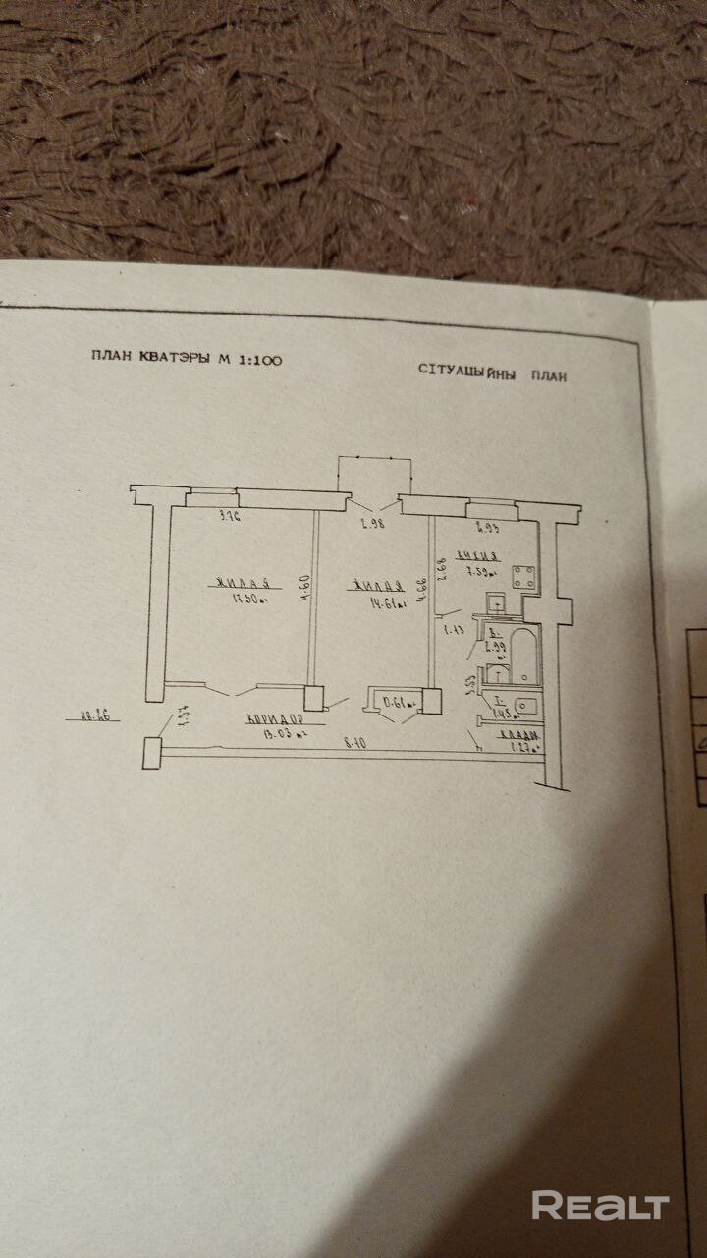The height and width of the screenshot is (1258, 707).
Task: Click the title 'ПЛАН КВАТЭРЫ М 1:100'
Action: click(x=186, y=360)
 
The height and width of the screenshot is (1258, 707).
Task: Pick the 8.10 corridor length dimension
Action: click(x=354, y=744)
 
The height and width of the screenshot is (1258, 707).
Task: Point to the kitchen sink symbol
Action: click(x=497, y=601)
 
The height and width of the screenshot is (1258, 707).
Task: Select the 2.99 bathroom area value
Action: click(x=496, y=646)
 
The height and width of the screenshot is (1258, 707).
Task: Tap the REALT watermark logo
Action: click(x=600, y=1205)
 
